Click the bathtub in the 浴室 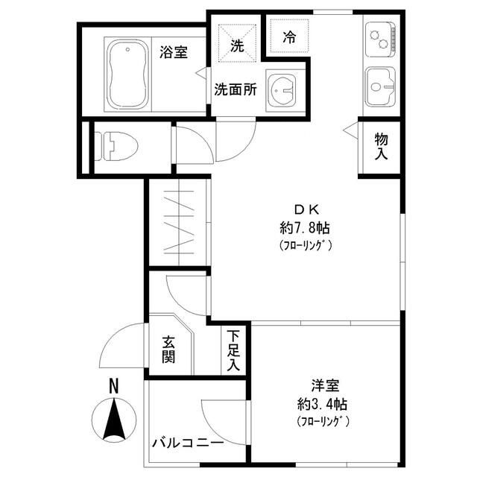click(x=128, y=75)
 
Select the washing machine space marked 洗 click(x=237, y=43)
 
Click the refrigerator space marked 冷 click(x=289, y=36)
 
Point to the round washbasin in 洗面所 click(x=282, y=90)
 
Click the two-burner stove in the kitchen click(x=381, y=39)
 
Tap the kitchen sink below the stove click(x=380, y=86)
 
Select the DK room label click(x=306, y=209)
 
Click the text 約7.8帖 click(x=305, y=228)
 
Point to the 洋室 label click(x=325, y=385)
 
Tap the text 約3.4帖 click(x=322, y=405)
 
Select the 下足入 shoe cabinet click(x=233, y=350)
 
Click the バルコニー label click(x=188, y=443)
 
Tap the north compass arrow click(x=114, y=420)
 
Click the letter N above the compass click(x=113, y=386)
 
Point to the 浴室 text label click(x=174, y=52)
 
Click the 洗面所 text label click(x=236, y=89)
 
